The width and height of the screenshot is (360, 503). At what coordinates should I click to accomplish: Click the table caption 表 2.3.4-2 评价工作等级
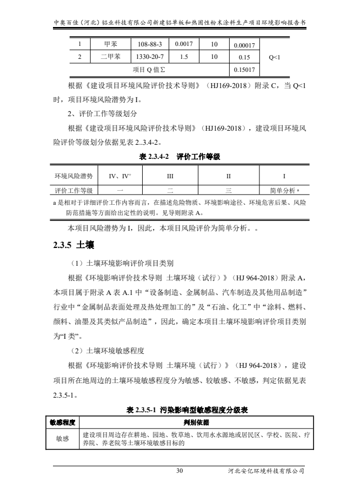tap(179, 156)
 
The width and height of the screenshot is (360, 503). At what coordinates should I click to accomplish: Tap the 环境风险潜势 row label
tap(74, 176)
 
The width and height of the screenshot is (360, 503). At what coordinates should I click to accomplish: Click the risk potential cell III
tap(170, 176)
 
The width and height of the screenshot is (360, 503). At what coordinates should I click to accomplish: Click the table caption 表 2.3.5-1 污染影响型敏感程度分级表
tap(179, 410)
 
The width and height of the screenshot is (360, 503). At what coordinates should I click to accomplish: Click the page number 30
tap(179, 471)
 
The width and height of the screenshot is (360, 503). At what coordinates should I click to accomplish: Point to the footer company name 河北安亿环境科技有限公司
tap(267, 471)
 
